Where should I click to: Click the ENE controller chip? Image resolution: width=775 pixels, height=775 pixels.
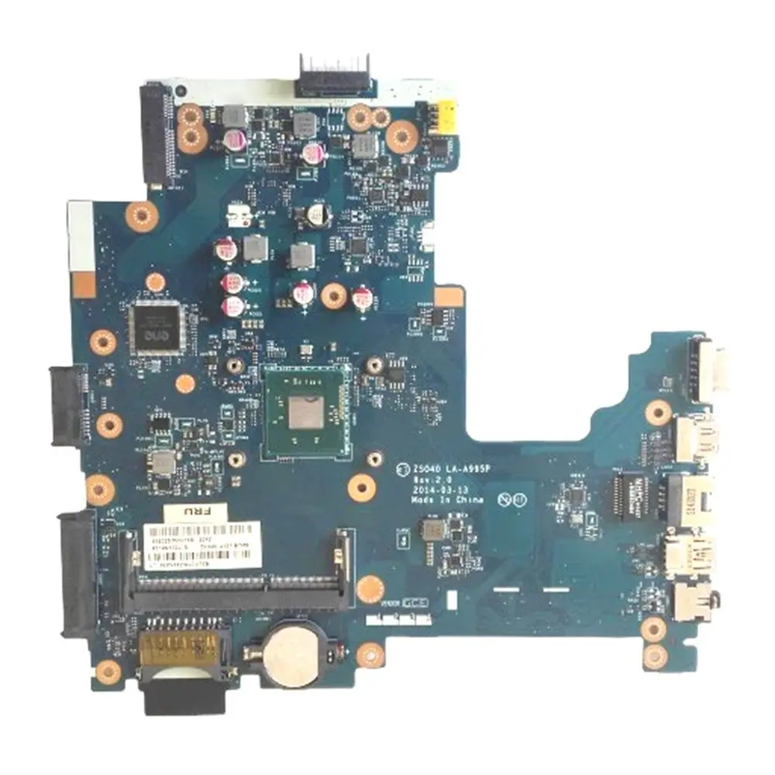[x=157, y=325]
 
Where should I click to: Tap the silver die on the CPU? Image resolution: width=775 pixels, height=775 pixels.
[x=305, y=409]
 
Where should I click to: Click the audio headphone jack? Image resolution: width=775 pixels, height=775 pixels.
[x=685, y=600]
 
